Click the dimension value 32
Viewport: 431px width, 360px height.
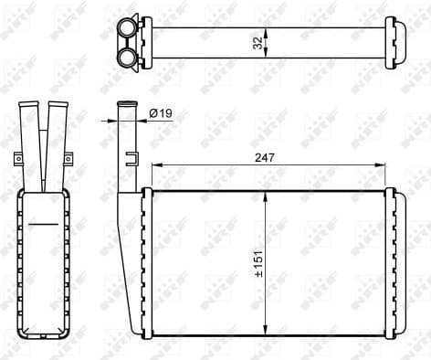pyautogui.click(x=258, y=42)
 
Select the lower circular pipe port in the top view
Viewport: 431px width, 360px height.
pyautogui.click(x=127, y=58)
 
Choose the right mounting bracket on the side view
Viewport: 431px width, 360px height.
pyautogui.click(x=67, y=160)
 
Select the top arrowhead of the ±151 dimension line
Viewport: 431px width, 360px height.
pyautogui.click(x=265, y=196)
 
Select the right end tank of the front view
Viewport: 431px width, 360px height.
pyautogui.click(x=390, y=263)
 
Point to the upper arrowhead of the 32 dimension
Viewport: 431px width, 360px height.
pyautogui.click(x=266, y=30)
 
